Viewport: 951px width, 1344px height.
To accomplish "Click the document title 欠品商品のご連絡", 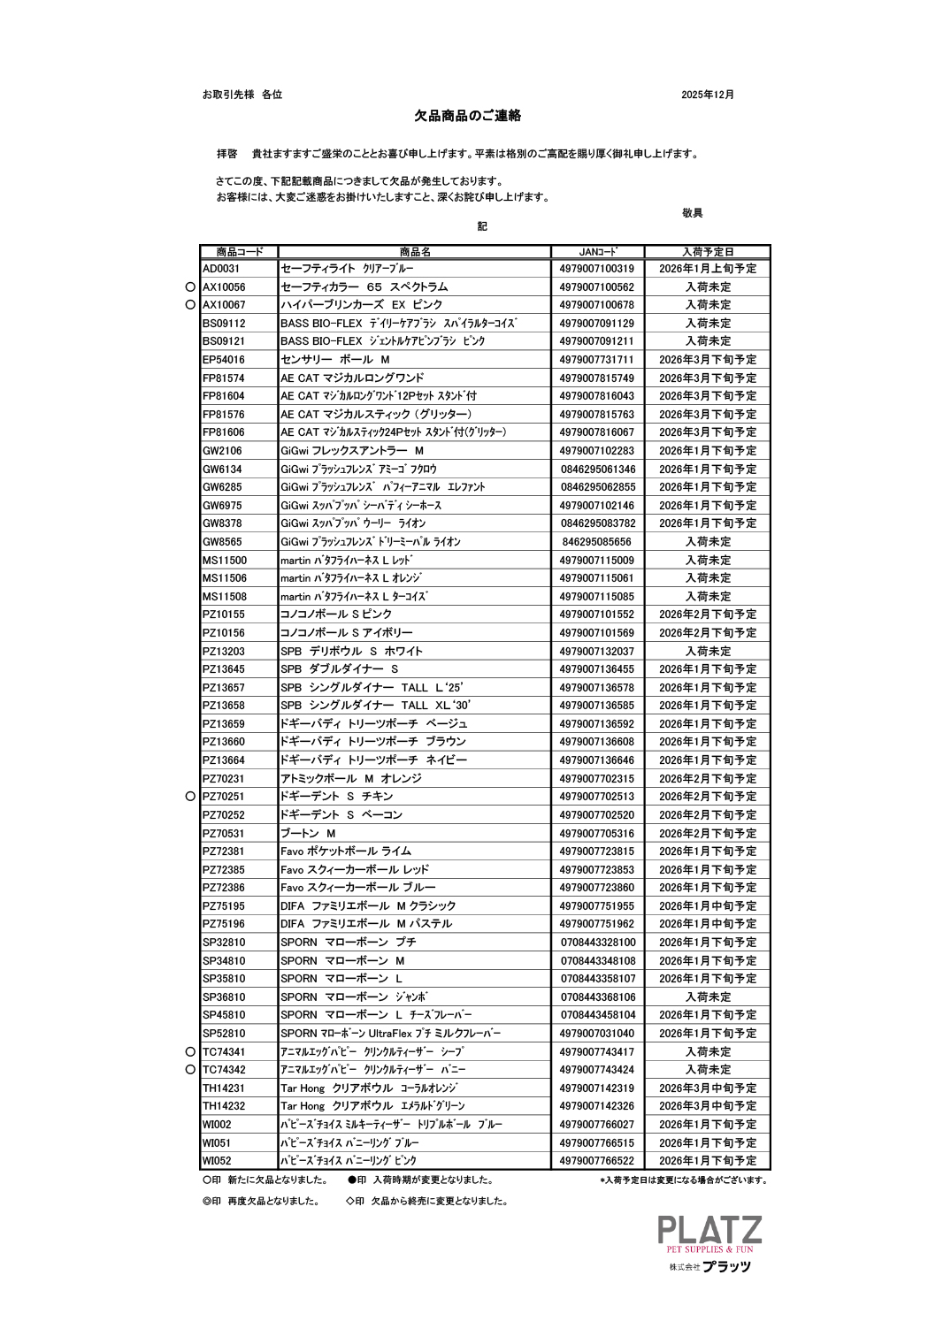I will (x=468, y=116).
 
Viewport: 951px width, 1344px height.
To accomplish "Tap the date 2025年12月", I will (x=707, y=95).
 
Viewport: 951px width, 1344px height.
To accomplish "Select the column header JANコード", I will (x=597, y=252).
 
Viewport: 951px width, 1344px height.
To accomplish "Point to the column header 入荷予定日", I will (x=707, y=252).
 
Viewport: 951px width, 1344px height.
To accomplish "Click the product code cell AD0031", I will (x=221, y=269).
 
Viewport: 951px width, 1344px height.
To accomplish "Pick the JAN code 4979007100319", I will (x=597, y=269).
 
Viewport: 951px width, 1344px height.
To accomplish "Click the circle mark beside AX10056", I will (x=190, y=287).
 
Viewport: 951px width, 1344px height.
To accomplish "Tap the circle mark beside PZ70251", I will (x=190, y=797).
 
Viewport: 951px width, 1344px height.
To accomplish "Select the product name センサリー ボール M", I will (x=335, y=360).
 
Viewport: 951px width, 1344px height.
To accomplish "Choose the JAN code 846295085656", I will (x=597, y=542).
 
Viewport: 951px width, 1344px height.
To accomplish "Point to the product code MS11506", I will (x=225, y=578).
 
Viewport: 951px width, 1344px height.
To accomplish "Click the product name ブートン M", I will (x=308, y=834).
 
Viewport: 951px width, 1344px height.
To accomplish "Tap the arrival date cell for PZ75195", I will (x=707, y=906).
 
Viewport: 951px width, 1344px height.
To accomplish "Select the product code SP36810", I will (x=224, y=997).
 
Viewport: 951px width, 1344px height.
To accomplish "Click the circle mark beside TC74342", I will (x=190, y=1070).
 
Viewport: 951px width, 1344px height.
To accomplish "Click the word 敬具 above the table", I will (x=692, y=213).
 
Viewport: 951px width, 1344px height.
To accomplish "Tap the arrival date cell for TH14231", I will (x=707, y=1088).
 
